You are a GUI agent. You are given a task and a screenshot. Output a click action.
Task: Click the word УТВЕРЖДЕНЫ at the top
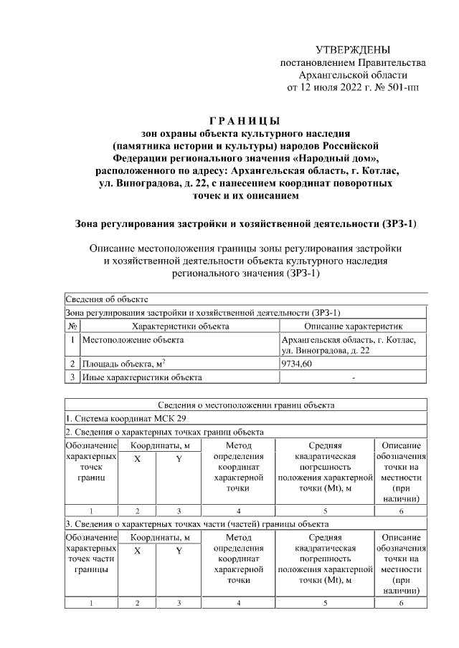[353, 50]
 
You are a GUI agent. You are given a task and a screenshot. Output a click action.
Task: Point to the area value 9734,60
[297, 364]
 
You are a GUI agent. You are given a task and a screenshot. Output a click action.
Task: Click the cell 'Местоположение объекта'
[133, 340]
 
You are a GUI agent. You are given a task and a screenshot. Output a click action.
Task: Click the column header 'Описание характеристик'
[354, 326]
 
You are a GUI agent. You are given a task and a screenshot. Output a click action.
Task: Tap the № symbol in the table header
[72, 326]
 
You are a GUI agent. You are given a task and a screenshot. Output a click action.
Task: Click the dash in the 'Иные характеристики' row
[354, 377]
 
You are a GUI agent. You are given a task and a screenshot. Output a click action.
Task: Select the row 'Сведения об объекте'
[107, 299]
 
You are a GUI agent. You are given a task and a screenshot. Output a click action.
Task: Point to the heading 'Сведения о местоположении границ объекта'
[246, 405]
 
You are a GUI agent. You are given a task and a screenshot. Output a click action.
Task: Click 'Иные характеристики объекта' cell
[142, 377]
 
